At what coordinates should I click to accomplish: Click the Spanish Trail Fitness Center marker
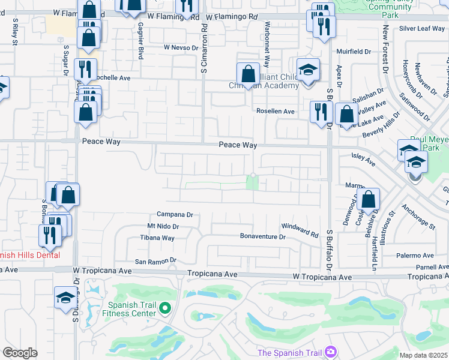(166, 309)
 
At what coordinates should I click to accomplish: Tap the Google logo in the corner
(20, 353)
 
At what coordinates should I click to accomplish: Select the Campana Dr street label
(174, 214)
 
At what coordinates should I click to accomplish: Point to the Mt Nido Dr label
(163, 226)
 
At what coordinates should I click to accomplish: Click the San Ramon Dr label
(155, 261)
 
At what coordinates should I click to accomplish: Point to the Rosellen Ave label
(276, 112)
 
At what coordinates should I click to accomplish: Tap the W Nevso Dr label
(181, 47)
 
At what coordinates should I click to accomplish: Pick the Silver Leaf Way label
(421, 28)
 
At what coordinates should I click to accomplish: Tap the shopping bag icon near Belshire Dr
(369, 200)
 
